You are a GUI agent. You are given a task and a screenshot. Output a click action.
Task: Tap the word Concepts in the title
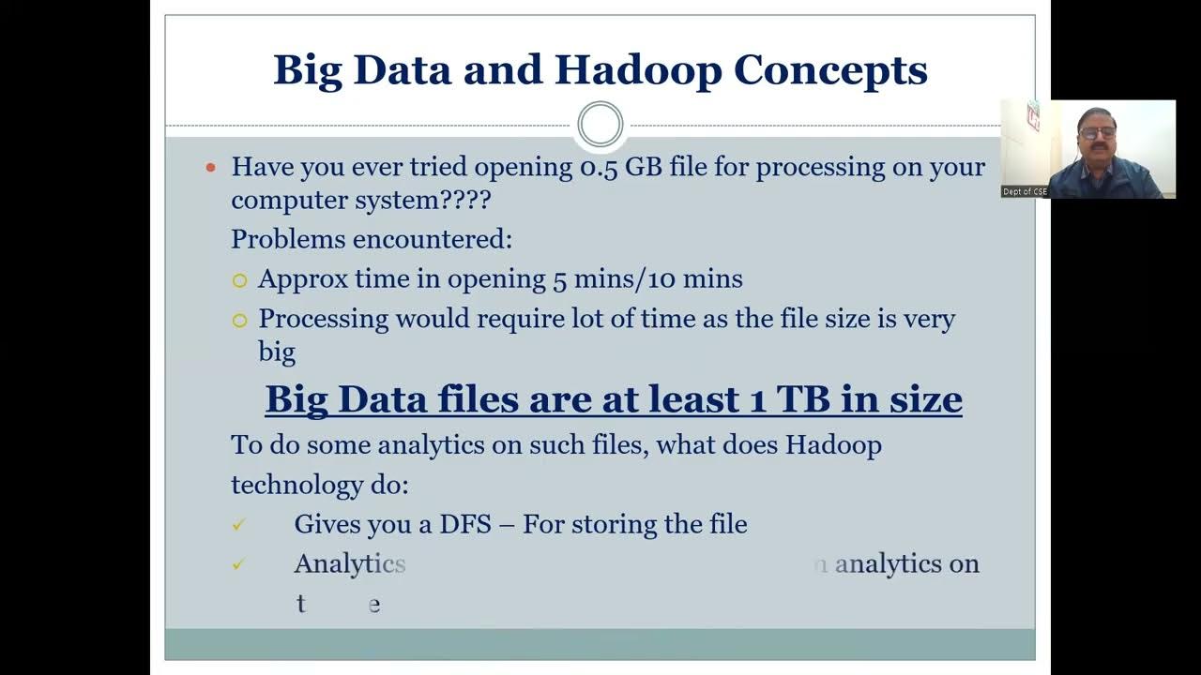830,71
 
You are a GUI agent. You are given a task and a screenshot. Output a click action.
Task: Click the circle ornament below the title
600,125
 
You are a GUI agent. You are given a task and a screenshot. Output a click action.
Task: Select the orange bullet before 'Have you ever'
211,168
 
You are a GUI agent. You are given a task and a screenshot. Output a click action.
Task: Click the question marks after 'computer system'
466,200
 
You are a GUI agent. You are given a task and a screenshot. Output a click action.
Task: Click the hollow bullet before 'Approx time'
239,280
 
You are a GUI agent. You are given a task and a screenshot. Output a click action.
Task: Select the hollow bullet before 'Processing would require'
239,321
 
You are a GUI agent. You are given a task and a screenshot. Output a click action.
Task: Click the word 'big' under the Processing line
277,353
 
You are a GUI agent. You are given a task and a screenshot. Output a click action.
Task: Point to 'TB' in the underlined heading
803,399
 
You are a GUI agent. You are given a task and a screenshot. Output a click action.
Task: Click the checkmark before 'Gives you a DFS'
238,525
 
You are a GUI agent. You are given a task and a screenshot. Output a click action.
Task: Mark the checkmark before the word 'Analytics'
238,564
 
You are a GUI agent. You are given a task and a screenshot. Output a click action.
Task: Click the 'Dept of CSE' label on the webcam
1025,192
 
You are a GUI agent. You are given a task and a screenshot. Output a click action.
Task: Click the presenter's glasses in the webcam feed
1096,132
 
